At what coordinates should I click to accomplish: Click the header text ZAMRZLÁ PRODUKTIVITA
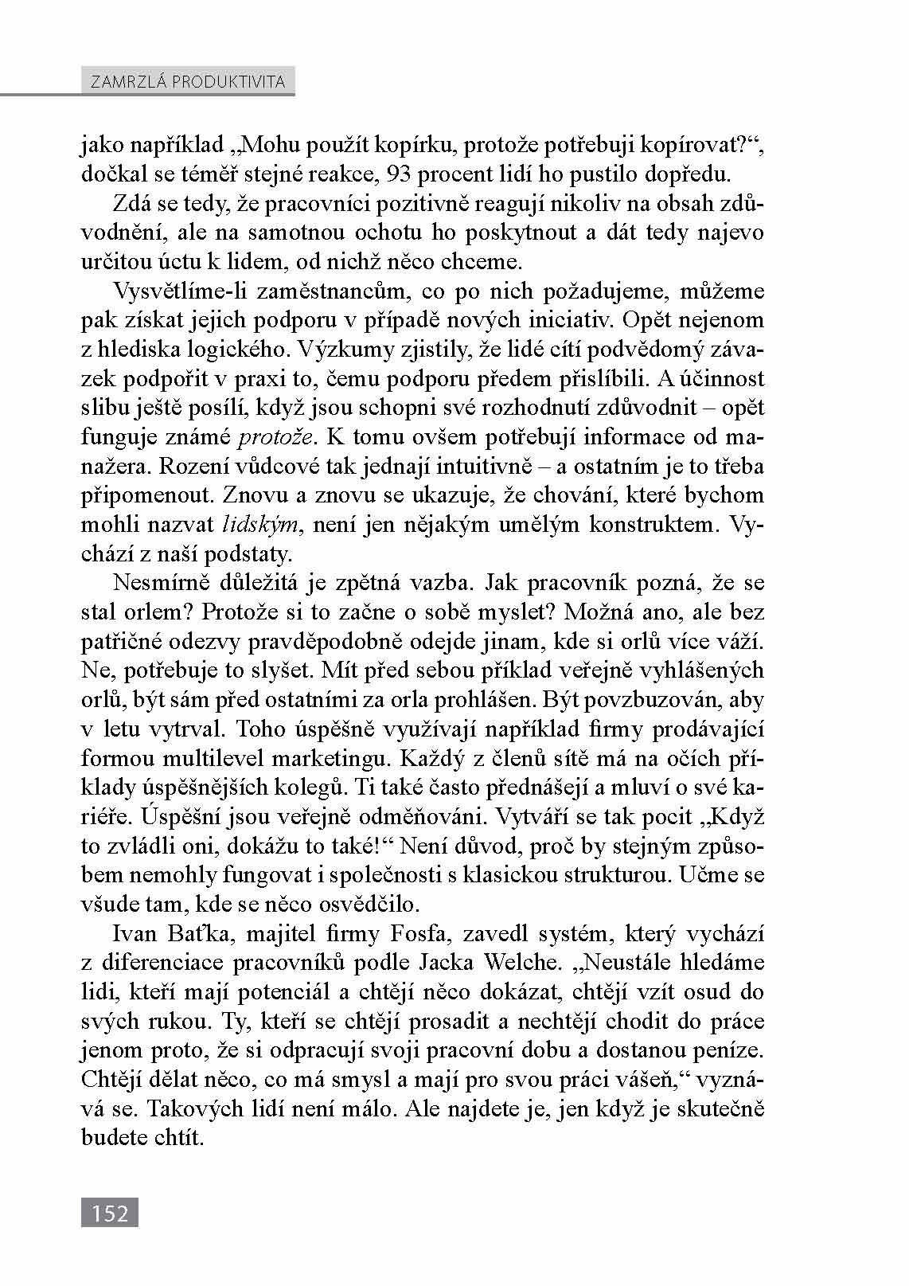(188, 82)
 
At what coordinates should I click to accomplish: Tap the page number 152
(110, 1213)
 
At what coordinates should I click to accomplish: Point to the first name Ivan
(136, 932)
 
